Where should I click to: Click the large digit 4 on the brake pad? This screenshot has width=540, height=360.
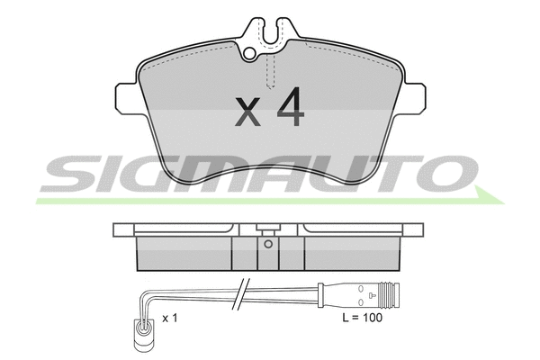coord(291,106)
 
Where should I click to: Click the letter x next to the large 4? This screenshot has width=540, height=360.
coord(247,112)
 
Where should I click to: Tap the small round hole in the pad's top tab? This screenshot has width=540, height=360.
coord(249,53)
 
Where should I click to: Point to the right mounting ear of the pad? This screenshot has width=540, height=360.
coord(413,98)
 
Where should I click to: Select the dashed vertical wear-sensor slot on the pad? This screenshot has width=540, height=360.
coord(271,71)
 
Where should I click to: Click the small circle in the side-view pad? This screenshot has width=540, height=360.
coord(268,244)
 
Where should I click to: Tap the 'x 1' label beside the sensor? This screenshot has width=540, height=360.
coord(170,319)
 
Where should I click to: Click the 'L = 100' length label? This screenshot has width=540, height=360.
coord(363,318)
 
